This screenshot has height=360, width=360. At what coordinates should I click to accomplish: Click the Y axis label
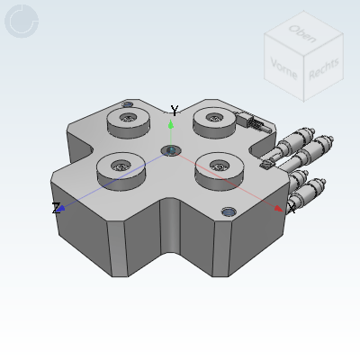pos(175,111)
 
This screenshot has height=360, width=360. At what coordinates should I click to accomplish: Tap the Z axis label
pos(56,209)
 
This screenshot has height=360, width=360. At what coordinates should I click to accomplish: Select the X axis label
pos(291,209)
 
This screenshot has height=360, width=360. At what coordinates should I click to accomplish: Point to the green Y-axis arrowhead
pos(171,124)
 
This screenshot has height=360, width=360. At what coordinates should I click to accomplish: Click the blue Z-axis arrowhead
pos(61,209)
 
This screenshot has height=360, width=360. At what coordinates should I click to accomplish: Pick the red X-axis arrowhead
pos(279,209)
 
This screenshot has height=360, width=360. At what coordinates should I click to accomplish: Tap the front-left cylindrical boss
pos(120,166)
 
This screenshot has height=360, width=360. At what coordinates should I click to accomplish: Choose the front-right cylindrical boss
pos(218,166)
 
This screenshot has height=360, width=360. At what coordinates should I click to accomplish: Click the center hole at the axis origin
pos(171,149)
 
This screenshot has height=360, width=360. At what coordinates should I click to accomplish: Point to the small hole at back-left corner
pos(127,104)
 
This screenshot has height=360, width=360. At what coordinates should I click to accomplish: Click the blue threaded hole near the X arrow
pos(229,211)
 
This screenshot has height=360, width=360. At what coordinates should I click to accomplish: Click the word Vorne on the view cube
pos(283,67)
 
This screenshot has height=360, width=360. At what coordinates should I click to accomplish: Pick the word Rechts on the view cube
pos(323,69)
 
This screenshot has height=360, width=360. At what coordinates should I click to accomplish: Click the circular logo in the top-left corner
pos(22,21)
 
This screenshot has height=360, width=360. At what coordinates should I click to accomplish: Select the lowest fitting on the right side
pos(306,193)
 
